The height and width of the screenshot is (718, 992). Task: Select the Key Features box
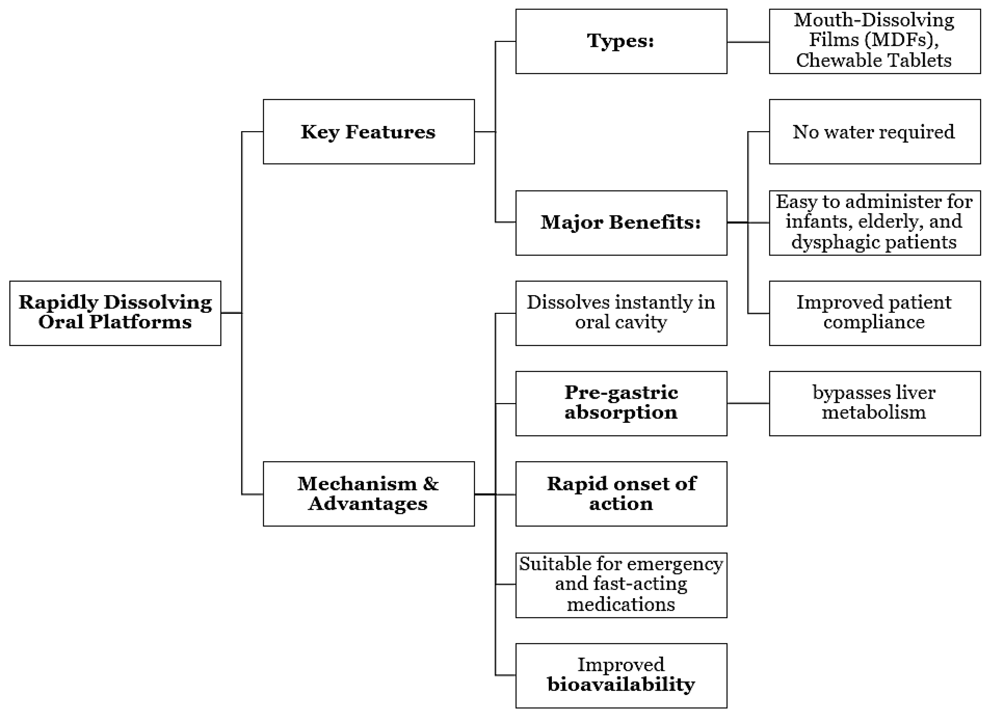click(369, 131)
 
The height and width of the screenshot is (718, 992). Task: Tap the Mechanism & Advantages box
click(369, 494)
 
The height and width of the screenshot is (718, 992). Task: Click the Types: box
click(621, 41)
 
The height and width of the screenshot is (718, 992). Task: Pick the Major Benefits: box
click(621, 223)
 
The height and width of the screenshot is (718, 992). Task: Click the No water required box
click(875, 131)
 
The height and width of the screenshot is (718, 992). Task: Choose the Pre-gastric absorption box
click(621, 403)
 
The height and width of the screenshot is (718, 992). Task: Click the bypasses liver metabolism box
click(875, 403)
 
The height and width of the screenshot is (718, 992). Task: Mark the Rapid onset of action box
click(621, 494)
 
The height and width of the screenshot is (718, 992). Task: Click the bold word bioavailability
click(621, 684)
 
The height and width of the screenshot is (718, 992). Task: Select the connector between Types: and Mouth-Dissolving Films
click(748, 42)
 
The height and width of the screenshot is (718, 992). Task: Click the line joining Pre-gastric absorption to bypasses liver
click(748, 403)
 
